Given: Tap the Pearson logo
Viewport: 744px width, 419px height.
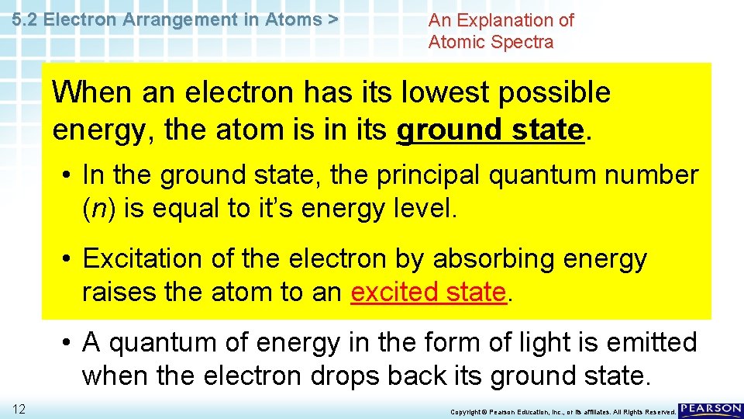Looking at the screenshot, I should coord(711,410).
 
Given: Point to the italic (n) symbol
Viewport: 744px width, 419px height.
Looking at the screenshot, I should coord(98,209).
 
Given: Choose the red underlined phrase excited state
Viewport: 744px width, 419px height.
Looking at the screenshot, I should coord(429,293).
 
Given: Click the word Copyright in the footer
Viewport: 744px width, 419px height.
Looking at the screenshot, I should coord(467,411).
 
